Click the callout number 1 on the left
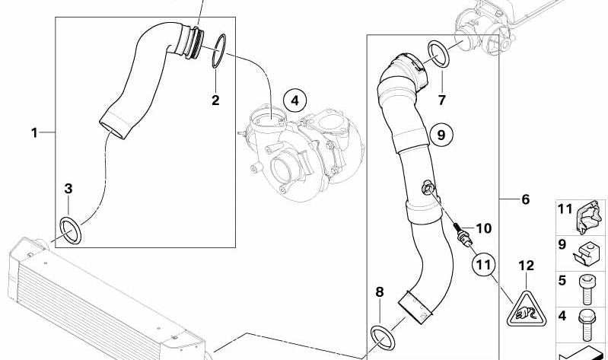click(x=34, y=133)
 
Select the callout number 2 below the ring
click(x=215, y=100)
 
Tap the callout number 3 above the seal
click(x=68, y=189)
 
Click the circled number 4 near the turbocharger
click(x=294, y=101)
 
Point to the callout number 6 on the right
click(x=525, y=199)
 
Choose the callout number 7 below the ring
click(x=442, y=100)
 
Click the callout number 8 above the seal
click(x=380, y=292)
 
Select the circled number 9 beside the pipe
click(x=441, y=135)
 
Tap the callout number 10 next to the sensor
click(x=483, y=228)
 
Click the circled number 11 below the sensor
click(x=483, y=265)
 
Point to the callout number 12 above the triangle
click(x=526, y=266)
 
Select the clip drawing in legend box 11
click(x=589, y=217)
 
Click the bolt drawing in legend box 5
click(x=586, y=289)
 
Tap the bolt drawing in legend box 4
click(x=587, y=325)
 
